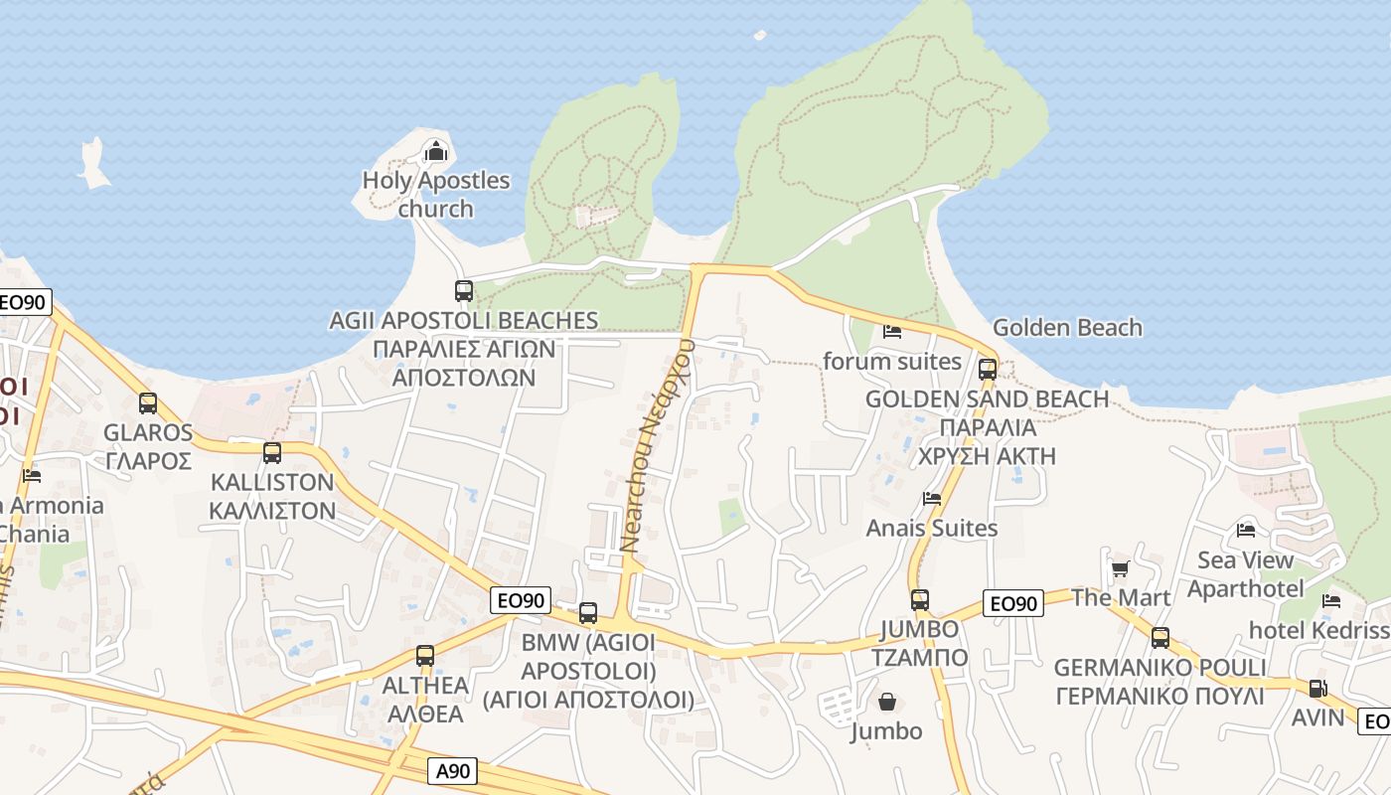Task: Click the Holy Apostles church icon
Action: [435, 153]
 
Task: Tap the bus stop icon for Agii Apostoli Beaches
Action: [464, 291]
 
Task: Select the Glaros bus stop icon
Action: [148, 403]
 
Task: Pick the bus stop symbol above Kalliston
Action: [271, 453]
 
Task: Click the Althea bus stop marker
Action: [425, 656]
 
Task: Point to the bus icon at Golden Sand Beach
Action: [987, 370]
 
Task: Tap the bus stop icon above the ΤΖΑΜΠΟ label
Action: [920, 600]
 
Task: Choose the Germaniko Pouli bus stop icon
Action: [1159, 638]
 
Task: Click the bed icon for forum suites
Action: [892, 331]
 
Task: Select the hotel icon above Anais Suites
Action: [931, 498]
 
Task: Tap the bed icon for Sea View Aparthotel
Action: [1246, 530]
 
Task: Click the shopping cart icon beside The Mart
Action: [1121, 569]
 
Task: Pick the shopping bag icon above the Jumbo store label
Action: [886, 702]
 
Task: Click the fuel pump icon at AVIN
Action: [1317, 688]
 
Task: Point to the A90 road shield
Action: [453, 770]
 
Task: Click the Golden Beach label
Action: [1067, 327]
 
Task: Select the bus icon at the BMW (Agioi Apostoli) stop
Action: [588, 613]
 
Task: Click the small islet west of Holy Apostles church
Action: [93, 164]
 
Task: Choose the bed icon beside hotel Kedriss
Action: [1331, 600]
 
